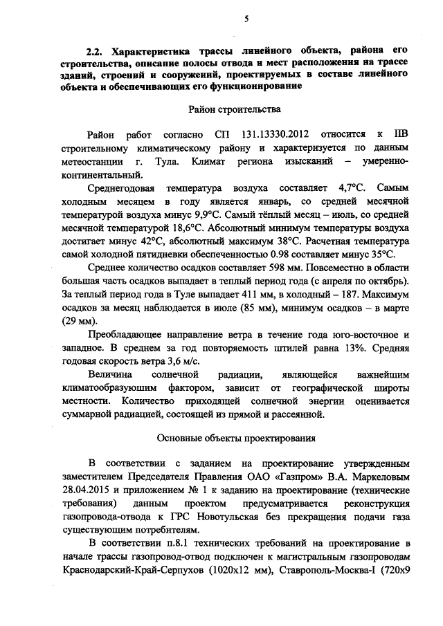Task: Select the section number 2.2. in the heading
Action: tap(93, 52)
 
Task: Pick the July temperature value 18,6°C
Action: tap(191, 226)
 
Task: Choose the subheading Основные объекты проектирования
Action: tap(236, 438)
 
